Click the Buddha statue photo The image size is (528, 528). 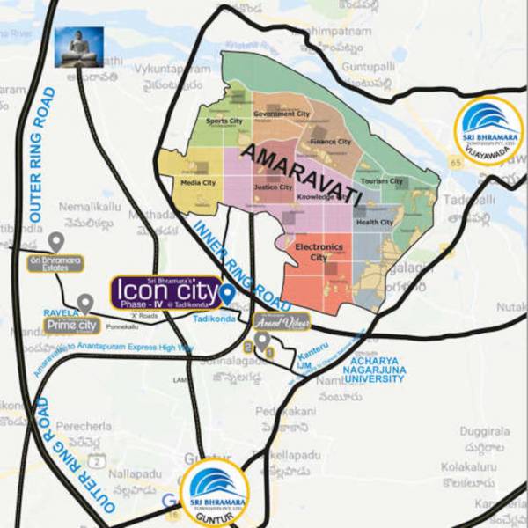[79, 47]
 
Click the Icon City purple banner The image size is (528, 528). [165, 291]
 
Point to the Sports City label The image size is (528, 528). [224, 121]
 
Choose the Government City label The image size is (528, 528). [282, 114]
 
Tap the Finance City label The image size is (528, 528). [331, 142]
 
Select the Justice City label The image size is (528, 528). [273, 187]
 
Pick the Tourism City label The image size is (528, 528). [382, 181]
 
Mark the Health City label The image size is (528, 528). [374, 223]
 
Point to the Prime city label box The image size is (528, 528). [72, 326]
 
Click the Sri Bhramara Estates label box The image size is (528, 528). [55, 262]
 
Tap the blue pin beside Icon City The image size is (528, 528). [226, 293]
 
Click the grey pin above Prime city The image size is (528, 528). [84, 304]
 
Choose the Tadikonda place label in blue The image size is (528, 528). [215, 319]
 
